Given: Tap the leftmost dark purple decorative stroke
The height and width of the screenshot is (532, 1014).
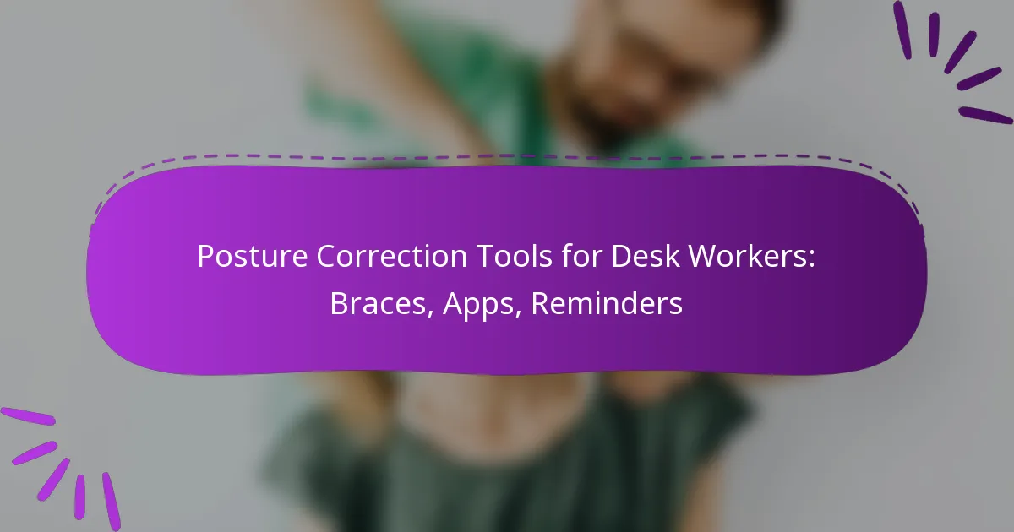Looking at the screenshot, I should pos(902,30).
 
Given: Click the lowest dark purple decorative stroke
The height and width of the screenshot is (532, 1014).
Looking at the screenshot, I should pos(985,115).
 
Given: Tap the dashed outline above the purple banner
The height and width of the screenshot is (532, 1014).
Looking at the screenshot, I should pos(507,156).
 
